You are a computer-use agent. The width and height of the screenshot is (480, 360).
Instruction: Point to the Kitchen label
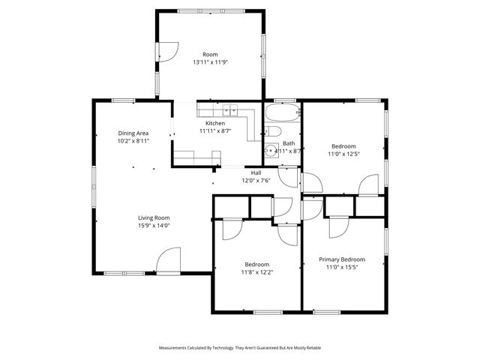[215, 123]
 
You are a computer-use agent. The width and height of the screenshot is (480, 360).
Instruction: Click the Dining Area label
[133, 133]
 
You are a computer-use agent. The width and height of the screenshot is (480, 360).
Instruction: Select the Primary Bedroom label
[342, 259]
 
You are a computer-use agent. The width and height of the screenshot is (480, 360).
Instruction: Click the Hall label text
[256, 172]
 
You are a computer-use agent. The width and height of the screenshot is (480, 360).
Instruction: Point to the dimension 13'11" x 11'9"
[210, 62]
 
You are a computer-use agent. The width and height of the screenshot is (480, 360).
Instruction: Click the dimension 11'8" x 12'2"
[256, 271]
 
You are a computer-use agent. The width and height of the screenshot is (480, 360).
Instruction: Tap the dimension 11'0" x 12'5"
[343, 154]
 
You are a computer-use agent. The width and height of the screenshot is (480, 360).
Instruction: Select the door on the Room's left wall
[166, 50]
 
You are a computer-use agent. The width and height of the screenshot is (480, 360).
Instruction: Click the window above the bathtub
[284, 100]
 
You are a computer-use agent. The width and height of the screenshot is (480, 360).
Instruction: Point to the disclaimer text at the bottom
[240, 348]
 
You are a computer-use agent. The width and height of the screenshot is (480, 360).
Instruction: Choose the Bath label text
[289, 143]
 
